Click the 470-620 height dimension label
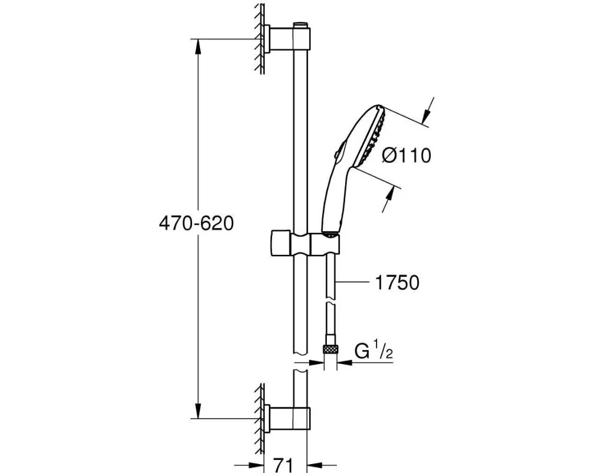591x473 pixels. point(196,223)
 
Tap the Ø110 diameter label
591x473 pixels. point(407,155)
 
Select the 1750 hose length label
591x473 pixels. point(397,283)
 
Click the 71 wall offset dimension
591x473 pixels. point(282,465)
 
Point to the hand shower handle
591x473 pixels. point(333,200)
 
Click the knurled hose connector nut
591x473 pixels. point(330,349)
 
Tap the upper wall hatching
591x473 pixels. point(259,38)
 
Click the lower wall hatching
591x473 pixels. point(259,418)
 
